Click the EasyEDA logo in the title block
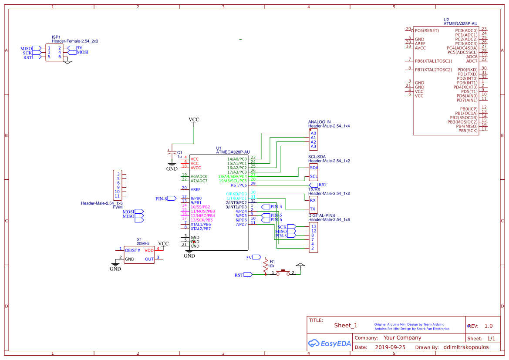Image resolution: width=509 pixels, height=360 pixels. [x=329, y=343]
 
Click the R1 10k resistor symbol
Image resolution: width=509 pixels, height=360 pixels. [x=265, y=266]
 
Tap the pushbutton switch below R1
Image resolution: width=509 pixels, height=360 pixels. [x=284, y=272]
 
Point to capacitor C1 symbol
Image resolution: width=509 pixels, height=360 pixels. [x=172, y=153]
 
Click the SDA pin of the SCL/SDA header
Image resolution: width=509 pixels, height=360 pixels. [x=313, y=168]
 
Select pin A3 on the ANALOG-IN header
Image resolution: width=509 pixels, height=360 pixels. [x=313, y=146]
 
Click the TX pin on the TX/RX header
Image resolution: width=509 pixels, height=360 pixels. [x=313, y=209]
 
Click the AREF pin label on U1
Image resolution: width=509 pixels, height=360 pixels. [x=196, y=189]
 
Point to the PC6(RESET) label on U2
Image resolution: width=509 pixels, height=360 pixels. [x=427, y=30]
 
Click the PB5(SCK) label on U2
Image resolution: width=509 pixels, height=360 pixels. [x=468, y=131]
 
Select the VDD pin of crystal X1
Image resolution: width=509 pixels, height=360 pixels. [x=149, y=250]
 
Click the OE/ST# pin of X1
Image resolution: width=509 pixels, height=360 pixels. [x=132, y=250]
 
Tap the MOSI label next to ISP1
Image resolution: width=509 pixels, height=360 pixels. [x=82, y=52]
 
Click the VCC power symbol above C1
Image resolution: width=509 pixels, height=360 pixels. [x=194, y=120]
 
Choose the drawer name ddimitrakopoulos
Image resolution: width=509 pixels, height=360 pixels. [x=466, y=347]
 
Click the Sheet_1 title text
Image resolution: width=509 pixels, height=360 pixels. [x=345, y=325]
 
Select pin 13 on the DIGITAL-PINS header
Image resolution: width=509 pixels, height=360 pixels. [x=313, y=226]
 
